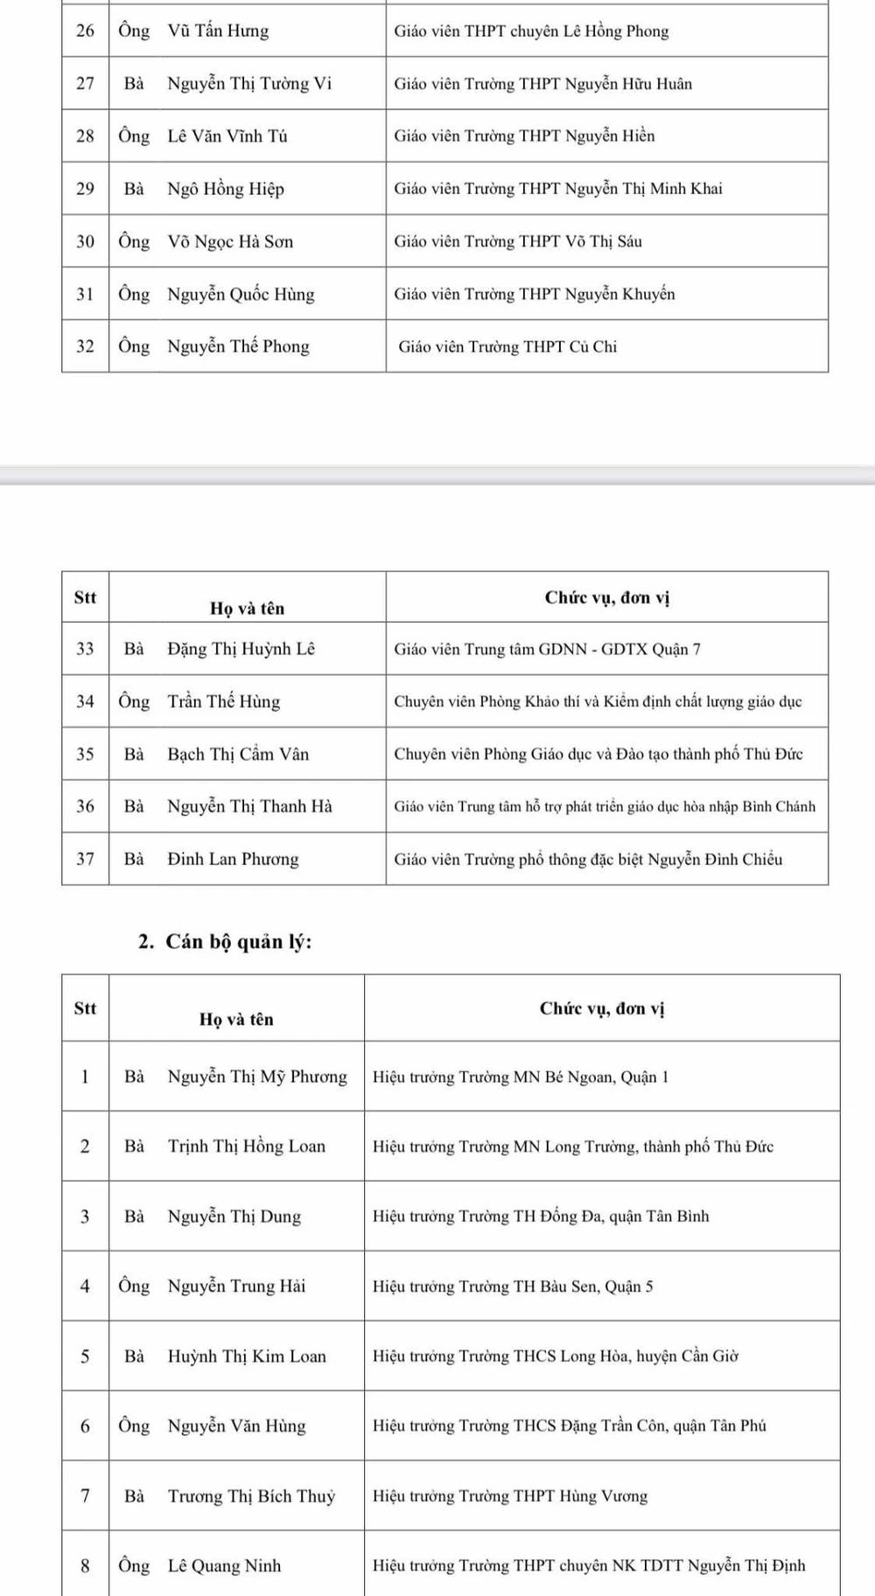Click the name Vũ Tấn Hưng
218,31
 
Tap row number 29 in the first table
85,189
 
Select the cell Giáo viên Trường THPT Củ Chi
507,347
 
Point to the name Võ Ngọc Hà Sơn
230,242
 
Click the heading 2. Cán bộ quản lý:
225,942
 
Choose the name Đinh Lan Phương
233,860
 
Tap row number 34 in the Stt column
85,701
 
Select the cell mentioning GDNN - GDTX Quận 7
547,650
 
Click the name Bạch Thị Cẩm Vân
238,755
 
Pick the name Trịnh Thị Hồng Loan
246,1146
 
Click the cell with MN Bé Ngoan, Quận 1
520,1077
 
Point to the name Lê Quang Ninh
224,1566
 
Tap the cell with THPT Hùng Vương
510,1496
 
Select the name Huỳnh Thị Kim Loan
247,1356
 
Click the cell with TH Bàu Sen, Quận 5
513,1286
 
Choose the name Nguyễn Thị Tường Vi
249,84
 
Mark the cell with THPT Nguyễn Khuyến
534,295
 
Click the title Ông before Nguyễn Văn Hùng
134,1426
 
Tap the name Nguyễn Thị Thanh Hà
249,807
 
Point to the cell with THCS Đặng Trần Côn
569,1426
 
